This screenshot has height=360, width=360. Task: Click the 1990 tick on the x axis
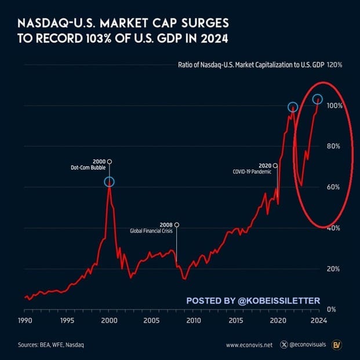click(24, 321)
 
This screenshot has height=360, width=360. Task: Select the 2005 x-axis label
click(151, 321)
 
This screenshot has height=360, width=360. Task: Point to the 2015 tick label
click(235, 321)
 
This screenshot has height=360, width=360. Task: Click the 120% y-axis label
click(334, 65)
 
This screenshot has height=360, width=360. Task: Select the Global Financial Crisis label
click(152, 231)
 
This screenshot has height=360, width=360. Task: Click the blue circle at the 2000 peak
click(110, 182)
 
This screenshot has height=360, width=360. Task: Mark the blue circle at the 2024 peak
click(318, 99)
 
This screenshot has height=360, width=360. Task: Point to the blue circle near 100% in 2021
click(293, 107)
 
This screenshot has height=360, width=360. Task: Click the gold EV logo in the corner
click(336, 345)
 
